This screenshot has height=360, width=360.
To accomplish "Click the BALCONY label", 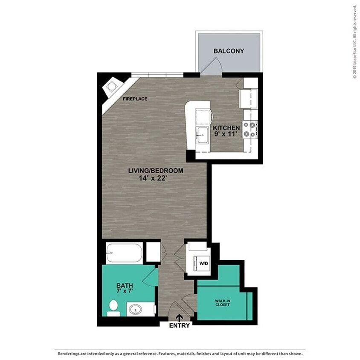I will tap(229, 51).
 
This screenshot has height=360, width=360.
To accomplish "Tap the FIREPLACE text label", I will tap(135, 99).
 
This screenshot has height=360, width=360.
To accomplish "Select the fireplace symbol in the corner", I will tap(112, 87).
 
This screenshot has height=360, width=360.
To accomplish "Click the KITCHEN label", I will tap(226, 128).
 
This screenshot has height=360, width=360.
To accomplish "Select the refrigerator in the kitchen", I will tap(249, 98).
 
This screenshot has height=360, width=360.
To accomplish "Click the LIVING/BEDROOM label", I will tap(156, 171).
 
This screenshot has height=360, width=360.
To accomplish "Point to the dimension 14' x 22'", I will tap(156, 178).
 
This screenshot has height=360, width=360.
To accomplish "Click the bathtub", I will tap(124, 253).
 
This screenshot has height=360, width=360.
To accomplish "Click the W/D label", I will tap(204, 264).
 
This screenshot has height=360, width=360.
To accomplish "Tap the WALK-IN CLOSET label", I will tap(223, 303).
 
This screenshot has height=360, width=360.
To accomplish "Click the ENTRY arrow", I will tap(180, 317).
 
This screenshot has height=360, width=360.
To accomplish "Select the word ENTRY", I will tap(180, 325).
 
